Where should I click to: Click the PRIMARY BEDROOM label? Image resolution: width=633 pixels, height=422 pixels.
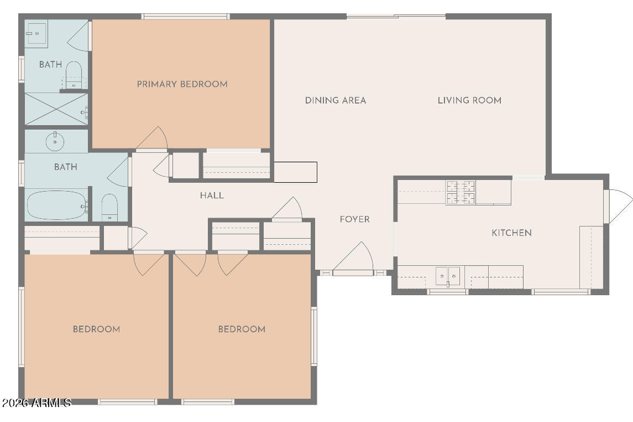coord(182,84)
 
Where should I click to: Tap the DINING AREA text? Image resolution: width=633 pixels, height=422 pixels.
coord(336,100)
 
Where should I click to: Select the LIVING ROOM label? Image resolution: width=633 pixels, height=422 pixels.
coord(469,100)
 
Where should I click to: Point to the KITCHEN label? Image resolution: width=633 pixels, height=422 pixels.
coord(511,233)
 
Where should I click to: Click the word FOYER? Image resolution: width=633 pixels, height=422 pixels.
coord(354,219)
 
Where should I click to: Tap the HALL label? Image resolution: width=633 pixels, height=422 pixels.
coord(212,195)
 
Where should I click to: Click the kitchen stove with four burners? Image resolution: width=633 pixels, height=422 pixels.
coord(461,192)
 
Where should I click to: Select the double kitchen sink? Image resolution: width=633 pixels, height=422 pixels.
coord(448,276)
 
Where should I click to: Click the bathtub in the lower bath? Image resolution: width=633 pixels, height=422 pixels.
coord(57,205)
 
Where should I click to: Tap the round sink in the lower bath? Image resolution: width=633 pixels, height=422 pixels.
coord(55,141)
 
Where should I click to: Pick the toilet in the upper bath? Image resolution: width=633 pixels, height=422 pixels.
coord(74,74)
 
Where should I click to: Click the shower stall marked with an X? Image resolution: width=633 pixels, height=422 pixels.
coord(56,109)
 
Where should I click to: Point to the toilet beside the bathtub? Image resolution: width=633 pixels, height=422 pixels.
coord(109,207)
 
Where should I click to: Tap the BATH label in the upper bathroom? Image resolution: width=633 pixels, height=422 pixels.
coord(50,64)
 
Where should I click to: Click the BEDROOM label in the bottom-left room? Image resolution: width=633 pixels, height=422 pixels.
coord(97,329)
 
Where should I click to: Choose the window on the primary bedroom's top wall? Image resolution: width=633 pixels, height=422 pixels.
coord(186,17)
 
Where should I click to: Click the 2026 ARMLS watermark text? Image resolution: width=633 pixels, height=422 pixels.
coord(36,403)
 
